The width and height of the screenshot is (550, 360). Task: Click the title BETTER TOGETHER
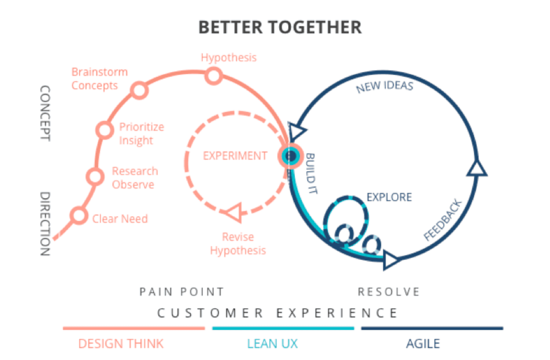[280, 27]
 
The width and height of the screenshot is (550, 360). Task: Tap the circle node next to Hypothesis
[213, 76]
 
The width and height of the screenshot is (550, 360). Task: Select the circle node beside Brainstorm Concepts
[139, 90]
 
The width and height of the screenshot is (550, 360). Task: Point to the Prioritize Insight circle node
[105, 130]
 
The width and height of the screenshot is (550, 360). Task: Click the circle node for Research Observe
[95, 176]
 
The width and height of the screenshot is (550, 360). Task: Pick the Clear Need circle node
[79, 215]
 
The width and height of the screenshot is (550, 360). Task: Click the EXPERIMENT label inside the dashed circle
[235, 156]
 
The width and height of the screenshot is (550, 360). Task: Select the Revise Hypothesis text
[238, 244]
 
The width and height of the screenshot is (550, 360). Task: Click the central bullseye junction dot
[290, 156]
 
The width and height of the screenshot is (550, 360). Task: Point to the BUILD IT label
[311, 173]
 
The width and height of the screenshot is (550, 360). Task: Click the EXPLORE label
[389, 197]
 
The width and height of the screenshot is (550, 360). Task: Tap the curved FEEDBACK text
[443, 220]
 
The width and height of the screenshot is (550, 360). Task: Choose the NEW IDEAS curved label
[384, 86]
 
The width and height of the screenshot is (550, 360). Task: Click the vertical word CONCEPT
[45, 113]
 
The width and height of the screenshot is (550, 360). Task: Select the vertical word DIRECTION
[45, 224]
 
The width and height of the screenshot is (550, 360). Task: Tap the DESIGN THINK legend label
[121, 344]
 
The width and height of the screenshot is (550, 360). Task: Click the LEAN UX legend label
[272, 344]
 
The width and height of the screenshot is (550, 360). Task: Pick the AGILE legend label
[423, 344]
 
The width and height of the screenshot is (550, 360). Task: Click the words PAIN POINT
[182, 292]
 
